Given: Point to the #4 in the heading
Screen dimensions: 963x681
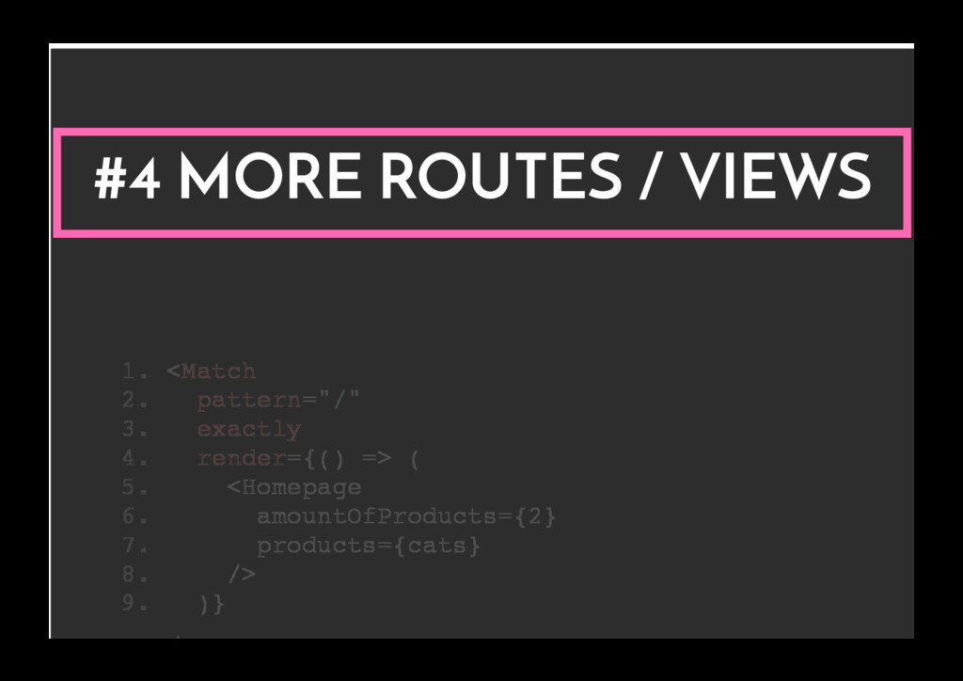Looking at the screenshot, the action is [127, 179].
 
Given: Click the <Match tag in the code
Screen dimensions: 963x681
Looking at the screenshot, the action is [211, 372].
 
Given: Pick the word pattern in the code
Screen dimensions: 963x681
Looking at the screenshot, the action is [248, 401].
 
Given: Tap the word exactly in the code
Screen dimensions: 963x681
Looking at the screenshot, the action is [248, 430].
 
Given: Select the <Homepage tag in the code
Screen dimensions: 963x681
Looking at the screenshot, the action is [293, 487].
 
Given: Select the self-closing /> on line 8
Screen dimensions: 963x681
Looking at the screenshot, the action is [241, 575].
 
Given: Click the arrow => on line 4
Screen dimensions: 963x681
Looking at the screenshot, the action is [376, 459].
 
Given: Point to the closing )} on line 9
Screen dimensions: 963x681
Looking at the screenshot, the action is [212, 604].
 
